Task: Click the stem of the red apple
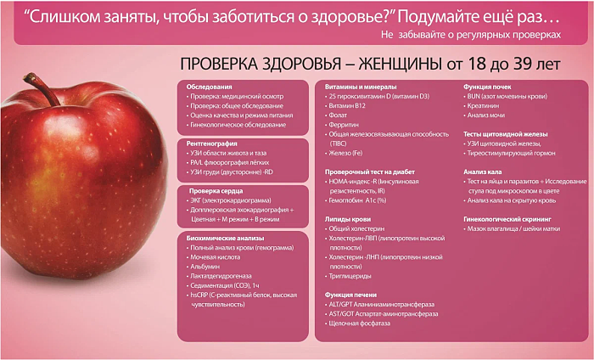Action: (x=41, y=88)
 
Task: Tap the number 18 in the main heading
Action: (x=477, y=64)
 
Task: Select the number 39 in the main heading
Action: (x=523, y=64)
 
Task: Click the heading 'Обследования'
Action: (x=209, y=87)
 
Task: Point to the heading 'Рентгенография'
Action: (x=212, y=143)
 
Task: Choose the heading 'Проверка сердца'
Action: (x=216, y=191)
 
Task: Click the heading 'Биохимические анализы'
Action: (x=225, y=239)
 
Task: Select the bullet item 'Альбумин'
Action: (x=205, y=267)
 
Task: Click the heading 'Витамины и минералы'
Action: (x=361, y=87)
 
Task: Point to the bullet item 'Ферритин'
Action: (x=344, y=125)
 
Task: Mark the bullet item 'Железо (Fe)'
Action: (x=345, y=153)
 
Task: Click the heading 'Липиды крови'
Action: (x=348, y=219)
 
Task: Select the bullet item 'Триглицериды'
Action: (x=350, y=276)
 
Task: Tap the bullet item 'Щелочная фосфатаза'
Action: (x=360, y=323)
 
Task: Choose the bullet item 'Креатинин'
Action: (x=483, y=106)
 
